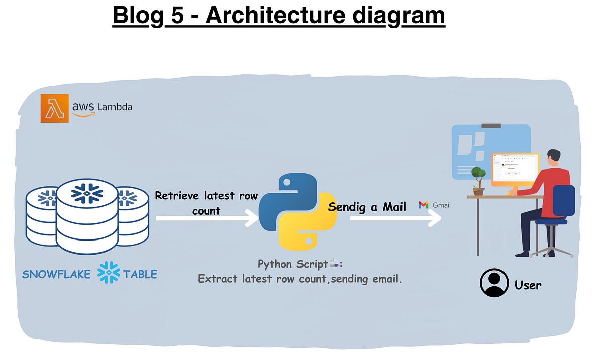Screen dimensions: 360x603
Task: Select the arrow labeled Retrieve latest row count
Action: (x=206, y=218)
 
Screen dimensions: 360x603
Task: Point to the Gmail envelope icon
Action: (x=424, y=205)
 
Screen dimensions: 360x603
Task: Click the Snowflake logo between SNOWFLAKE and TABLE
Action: (x=109, y=274)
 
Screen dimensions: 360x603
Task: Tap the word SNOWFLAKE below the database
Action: (x=56, y=274)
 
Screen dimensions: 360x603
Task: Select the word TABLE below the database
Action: (x=140, y=274)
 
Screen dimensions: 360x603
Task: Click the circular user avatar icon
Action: (x=494, y=284)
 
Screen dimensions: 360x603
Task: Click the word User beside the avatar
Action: (x=528, y=285)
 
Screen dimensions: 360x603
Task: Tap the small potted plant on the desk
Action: (x=479, y=182)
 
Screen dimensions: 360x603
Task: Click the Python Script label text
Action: (x=292, y=264)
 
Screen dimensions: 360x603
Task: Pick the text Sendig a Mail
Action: (x=367, y=207)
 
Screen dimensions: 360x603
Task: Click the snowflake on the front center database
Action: (x=86, y=193)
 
